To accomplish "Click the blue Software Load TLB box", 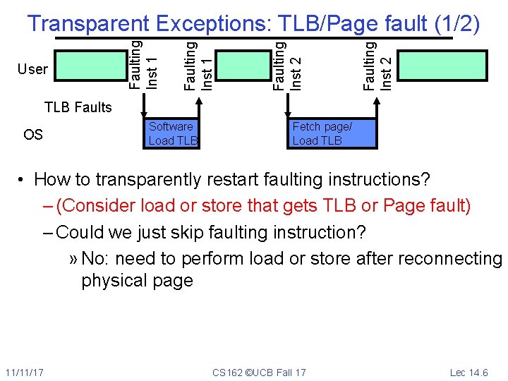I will pyautogui.click(x=171, y=133).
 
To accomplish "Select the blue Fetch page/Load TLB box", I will pyautogui.click(x=332, y=133).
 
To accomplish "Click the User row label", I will pyautogui.click(x=33, y=69).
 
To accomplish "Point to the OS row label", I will pyautogui.click(x=33, y=134).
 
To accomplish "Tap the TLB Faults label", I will pyautogui.click(x=78, y=107).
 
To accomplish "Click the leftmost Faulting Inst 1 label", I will pyautogui.click(x=144, y=64).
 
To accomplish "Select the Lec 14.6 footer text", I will pyautogui.click(x=468, y=372).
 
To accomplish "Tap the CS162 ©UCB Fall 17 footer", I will pyautogui.click(x=259, y=372).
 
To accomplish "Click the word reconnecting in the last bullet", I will pyautogui.click(x=450, y=259).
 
